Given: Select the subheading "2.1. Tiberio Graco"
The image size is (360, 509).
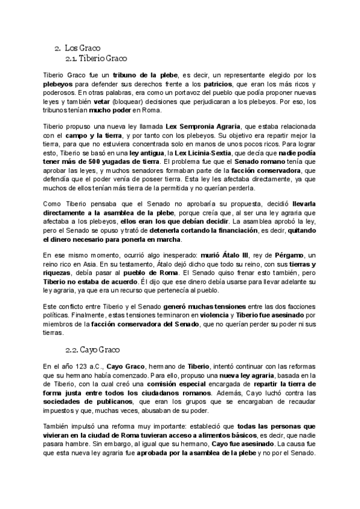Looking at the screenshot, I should point(96,58).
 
